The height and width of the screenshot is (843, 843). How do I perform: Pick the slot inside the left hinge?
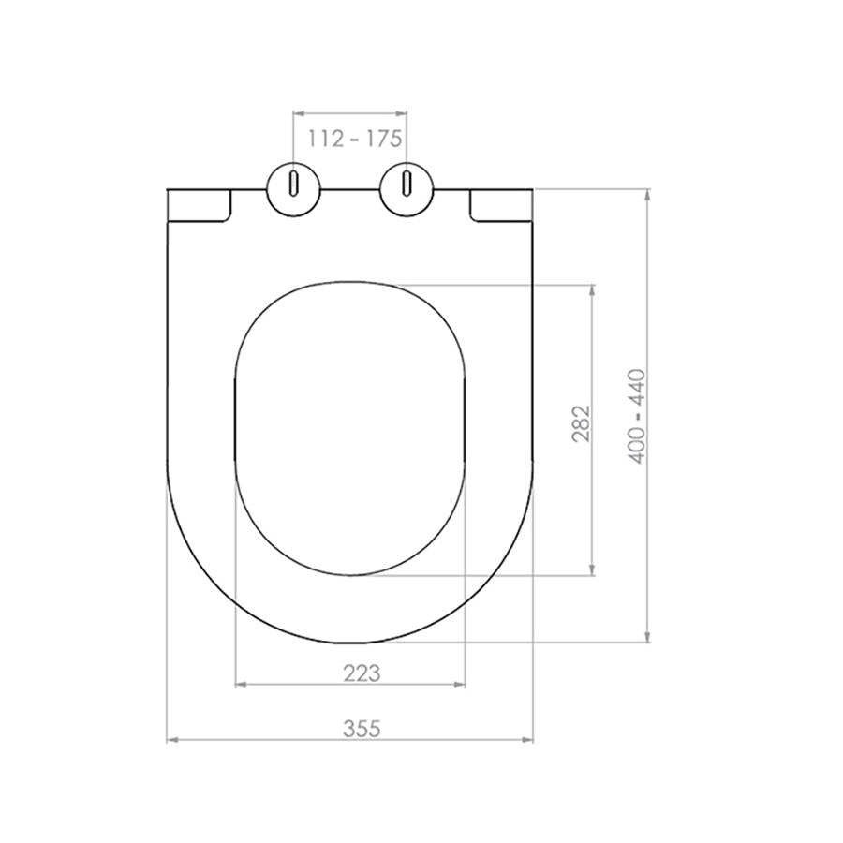[294, 182]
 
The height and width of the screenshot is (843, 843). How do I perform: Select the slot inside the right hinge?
[407, 182]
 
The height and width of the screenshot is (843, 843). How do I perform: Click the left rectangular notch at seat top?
[199, 205]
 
